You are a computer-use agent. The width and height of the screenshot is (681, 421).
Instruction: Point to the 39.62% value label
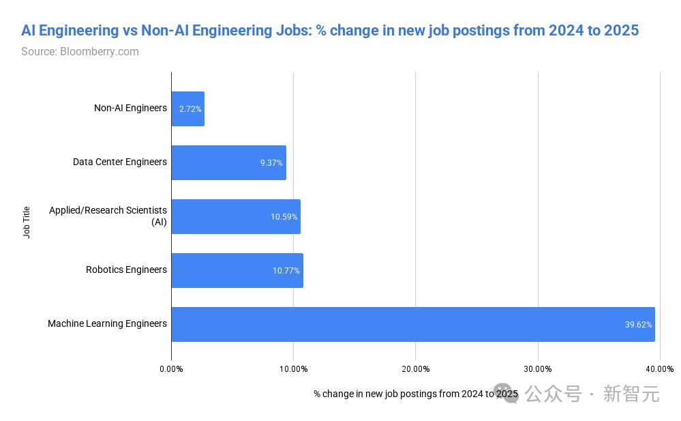pos(638,325)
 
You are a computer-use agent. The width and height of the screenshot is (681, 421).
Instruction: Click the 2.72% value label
pos(190,109)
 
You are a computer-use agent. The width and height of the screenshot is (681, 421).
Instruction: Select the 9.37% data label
pos(271,163)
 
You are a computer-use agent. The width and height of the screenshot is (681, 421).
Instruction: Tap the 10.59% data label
pos(284,217)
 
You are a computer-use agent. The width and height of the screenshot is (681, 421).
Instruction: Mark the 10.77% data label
pos(286,271)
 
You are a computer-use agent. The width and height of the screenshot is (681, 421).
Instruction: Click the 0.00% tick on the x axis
pos(171,369)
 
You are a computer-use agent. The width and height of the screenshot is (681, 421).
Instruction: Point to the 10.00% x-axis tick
pos(293,369)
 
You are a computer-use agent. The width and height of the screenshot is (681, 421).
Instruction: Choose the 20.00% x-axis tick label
pos(415,369)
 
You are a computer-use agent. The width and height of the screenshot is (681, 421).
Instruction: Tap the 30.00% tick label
pos(538,369)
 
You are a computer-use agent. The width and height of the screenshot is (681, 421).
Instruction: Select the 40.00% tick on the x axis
pos(660,369)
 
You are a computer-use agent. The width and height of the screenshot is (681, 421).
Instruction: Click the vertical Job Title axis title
pos(27,222)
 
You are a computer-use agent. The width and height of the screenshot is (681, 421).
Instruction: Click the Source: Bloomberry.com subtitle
pos(80,52)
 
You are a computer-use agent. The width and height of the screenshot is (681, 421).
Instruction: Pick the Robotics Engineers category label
pos(126,270)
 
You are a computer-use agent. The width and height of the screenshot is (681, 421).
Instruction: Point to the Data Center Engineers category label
pos(120,162)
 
